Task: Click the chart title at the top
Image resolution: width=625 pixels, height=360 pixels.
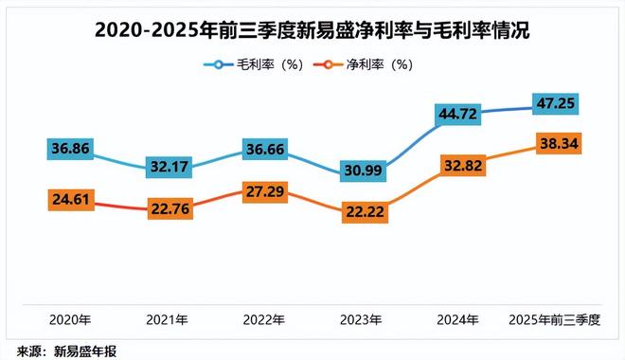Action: pos(312,31)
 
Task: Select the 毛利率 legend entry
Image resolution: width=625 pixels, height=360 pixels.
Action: pos(249,65)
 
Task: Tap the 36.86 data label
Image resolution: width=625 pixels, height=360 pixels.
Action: pos(71,149)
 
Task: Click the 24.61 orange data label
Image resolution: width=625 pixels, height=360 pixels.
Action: pos(71,200)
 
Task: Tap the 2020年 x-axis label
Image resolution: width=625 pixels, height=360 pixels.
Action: pos(71,319)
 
